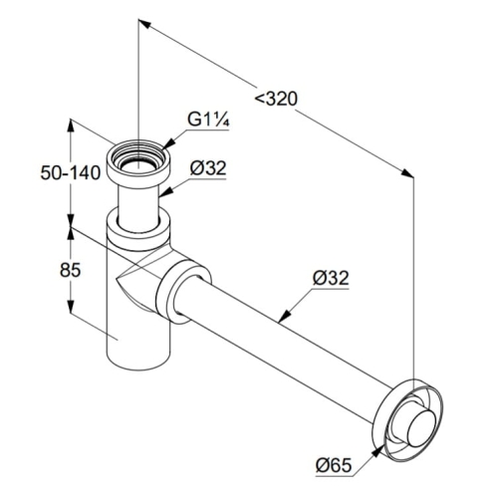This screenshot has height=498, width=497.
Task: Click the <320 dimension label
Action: coord(276,99)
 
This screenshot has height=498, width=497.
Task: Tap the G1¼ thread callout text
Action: coord(208,120)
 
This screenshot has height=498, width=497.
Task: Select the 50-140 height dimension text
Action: coord(71,172)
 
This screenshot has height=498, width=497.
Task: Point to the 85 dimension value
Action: coord(71,270)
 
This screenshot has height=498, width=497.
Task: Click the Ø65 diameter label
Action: coord(334,465)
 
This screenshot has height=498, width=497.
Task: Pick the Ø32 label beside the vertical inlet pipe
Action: coord(208,168)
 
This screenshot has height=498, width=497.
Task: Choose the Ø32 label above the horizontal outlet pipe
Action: coord(331,278)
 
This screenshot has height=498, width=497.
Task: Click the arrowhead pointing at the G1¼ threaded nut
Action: coord(168,143)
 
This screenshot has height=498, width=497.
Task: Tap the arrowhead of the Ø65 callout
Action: coord(377,451)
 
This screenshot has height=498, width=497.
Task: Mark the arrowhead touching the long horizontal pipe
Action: coord(284,317)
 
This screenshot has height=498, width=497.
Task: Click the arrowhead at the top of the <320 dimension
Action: coord(145,23)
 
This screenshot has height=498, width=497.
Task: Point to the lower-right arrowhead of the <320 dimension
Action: coord(407,173)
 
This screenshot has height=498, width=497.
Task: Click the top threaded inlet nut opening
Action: coord(138,158)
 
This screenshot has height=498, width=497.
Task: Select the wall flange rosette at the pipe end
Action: coord(409,421)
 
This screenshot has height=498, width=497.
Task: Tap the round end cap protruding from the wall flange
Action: coord(421,428)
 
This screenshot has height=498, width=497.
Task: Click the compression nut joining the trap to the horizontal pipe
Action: coord(183,292)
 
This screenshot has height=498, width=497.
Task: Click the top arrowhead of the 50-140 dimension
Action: coord(71,124)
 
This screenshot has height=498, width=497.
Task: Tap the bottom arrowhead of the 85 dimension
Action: coord(71,306)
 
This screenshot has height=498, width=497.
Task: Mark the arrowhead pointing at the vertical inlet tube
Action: coord(164,192)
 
